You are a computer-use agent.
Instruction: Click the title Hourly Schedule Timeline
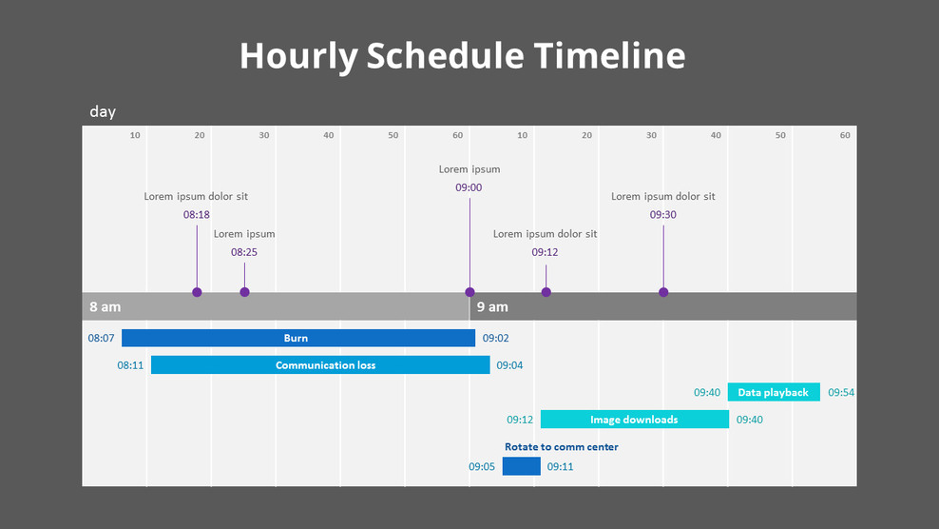click(x=462, y=56)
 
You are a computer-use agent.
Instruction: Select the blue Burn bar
click(x=297, y=338)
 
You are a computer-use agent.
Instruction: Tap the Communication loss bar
click(x=320, y=365)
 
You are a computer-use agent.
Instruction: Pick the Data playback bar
click(x=773, y=392)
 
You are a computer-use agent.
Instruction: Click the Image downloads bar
click(x=634, y=420)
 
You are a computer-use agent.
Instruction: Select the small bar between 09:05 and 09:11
click(x=521, y=466)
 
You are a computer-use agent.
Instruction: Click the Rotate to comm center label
click(x=561, y=447)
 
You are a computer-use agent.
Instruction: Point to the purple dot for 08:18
click(x=197, y=292)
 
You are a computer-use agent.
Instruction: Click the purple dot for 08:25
click(x=244, y=292)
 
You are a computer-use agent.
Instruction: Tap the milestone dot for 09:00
click(x=469, y=292)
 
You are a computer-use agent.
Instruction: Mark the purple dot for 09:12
click(x=546, y=292)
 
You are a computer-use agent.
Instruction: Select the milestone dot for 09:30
click(x=663, y=292)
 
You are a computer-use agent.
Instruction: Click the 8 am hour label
click(x=105, y=307)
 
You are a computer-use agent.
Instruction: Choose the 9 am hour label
click(x=492, y=307)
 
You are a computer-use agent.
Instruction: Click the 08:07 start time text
click(x=101, y=338)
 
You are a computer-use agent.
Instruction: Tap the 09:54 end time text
click(x=841, y=392)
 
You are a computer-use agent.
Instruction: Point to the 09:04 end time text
click(x=509, y=365)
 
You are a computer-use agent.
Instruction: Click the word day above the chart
click(x=103, y=112)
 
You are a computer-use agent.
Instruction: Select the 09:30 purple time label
click(x=663, y=215)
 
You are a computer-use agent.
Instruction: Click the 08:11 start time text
click(x=130, y=365)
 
